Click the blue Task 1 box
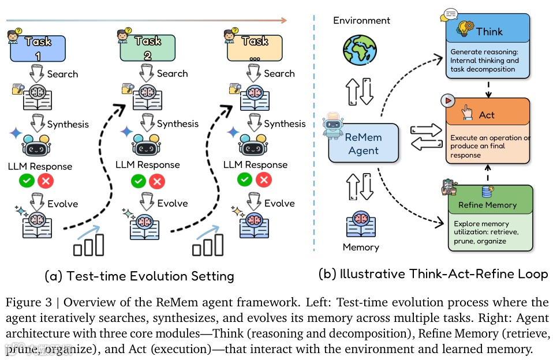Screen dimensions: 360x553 (x=38, y=49)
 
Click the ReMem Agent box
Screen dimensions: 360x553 (x=363, y=142)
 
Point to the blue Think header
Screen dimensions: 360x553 (x=488, y=31)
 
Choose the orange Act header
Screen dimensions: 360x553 (x=488, y=114)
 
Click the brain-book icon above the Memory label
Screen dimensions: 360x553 (x=361, y=223)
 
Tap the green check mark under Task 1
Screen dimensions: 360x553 (x=27, y=181)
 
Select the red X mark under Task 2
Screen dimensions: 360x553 (x=156, y=181)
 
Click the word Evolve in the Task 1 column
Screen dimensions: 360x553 (x=62, y=204)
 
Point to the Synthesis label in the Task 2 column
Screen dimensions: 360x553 (x=177, y=123)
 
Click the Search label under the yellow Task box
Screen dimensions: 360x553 (x=279, y=73)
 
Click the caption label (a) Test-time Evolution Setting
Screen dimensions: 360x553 (x=139, y=276)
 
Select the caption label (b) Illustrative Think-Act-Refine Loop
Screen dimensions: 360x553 (x=432, y=273)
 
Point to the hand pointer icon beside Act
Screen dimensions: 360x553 (x=466, y=114)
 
